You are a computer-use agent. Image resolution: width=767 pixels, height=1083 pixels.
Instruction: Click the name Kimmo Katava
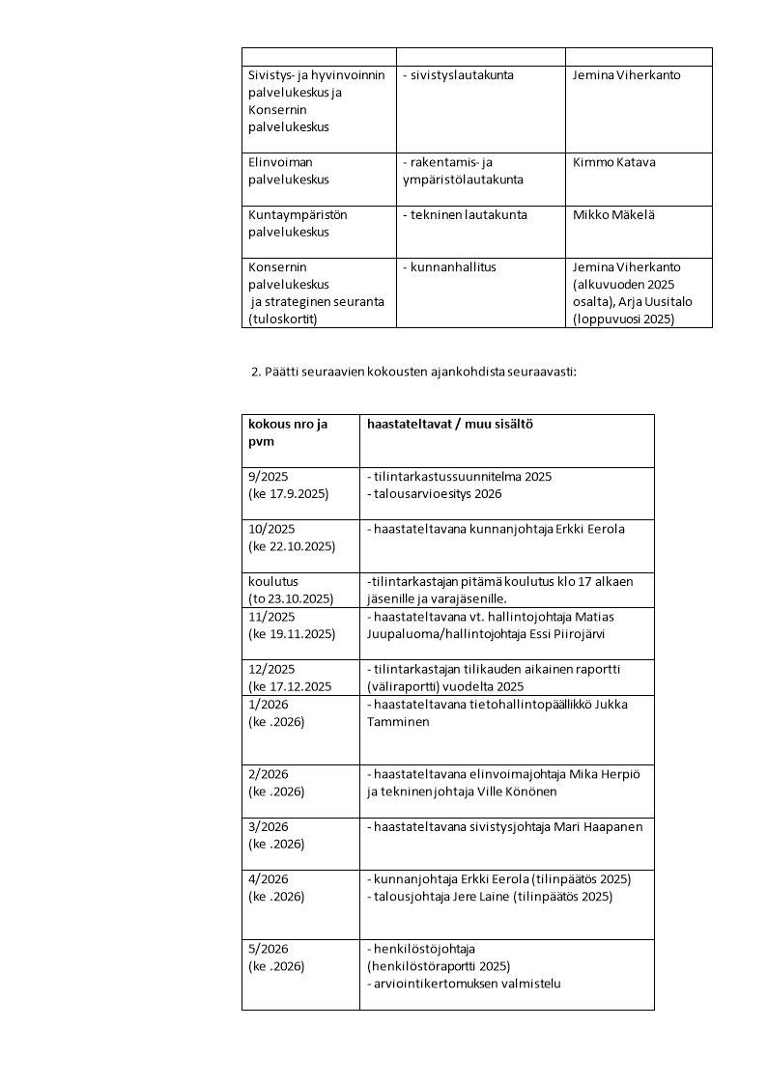pyautogui.click(x=613, y=162)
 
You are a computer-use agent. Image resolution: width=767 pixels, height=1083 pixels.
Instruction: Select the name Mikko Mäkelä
pyautogui.click(x=613, y=214)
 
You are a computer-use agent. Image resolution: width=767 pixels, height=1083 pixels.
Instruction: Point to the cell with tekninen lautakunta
pyautogui.click(x=465, y=214)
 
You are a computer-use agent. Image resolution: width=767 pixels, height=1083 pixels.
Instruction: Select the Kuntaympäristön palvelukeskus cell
pyautogui.click(x=298, y=223)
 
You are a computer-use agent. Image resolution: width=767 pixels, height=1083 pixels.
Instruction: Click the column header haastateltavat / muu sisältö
pyautogui.click(x=450, y=425)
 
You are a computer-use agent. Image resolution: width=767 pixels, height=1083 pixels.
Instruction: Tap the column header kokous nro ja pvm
pyautogui.click(x=287, y=433)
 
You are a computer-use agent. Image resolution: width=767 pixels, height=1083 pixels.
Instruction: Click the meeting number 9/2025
pyautogui.click(x=269, y=477)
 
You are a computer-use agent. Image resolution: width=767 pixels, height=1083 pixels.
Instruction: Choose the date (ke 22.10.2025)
pyautogui.click(x=292, y=546)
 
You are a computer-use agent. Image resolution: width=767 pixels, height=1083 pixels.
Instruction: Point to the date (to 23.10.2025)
pyautogui.click(x=291, y=598)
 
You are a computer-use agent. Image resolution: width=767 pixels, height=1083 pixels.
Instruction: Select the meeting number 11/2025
pyautogui.click(x=271, y=616)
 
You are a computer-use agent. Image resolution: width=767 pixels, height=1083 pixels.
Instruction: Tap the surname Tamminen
pyautogui.click(x=397, y=721)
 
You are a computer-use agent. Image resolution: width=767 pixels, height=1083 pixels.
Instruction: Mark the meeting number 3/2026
pyautogui.click(x=269, y=826)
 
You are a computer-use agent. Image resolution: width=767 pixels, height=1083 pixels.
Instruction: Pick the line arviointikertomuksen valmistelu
pyautogui.click(x=464, y=984)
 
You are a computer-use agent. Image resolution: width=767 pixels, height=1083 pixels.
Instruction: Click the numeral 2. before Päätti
pyautogui.click(x=256, y=373)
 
